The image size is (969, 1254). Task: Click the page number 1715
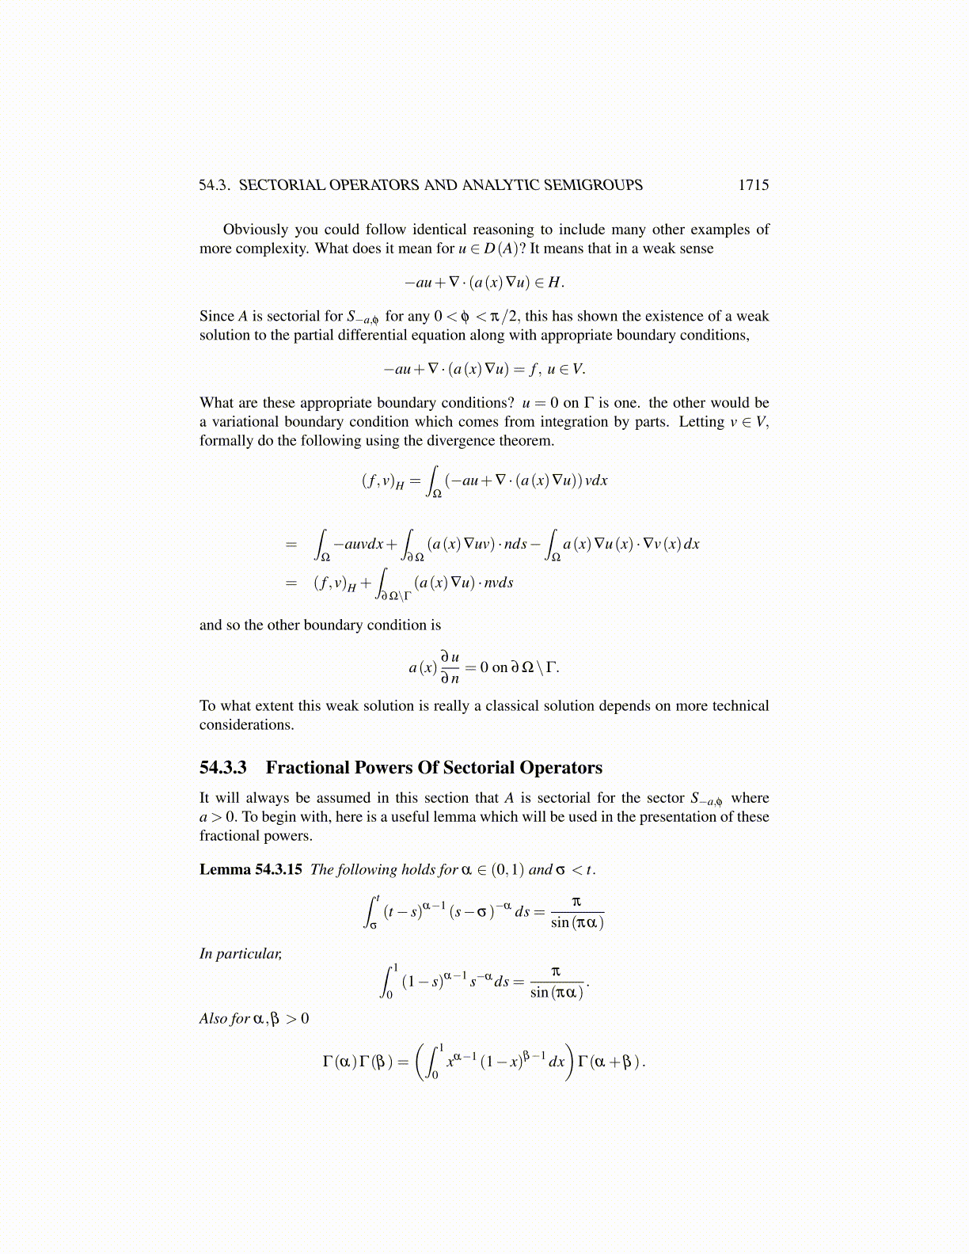click(x=753, y=185)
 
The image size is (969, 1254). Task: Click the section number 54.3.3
click(x=223, y=768)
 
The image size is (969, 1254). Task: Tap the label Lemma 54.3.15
click(x=250, y=869)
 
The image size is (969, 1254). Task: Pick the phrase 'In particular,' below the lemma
click(x=241, y=954)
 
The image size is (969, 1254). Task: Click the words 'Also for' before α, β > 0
click(x=225, y=1019)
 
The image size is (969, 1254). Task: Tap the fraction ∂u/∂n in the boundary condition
click(x=450, y=667)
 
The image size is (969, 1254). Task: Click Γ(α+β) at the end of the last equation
click(x=610, y=1062)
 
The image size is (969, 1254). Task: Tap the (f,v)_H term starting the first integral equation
click(x=382, y=481)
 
